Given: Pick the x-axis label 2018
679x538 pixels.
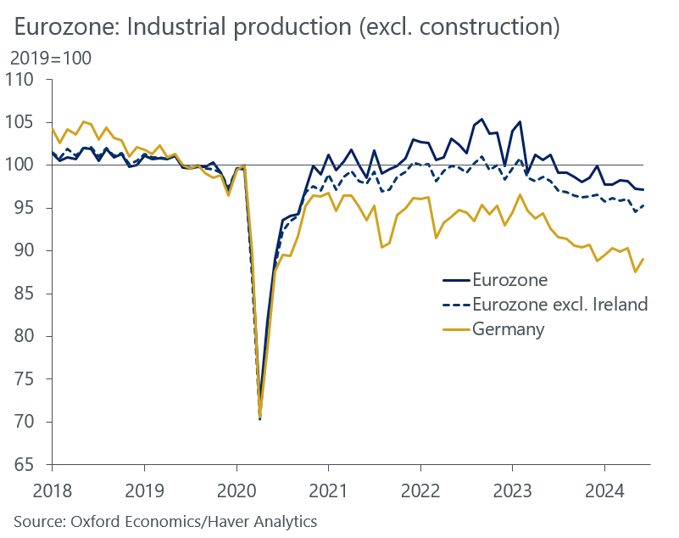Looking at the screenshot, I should tap(52, 490).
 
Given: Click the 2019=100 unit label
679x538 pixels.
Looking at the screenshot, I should tap(50, 59).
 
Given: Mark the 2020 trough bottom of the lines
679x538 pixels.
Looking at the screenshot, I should tap(259, 418).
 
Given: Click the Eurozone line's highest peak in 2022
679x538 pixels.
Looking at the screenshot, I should tap(481, 120).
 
